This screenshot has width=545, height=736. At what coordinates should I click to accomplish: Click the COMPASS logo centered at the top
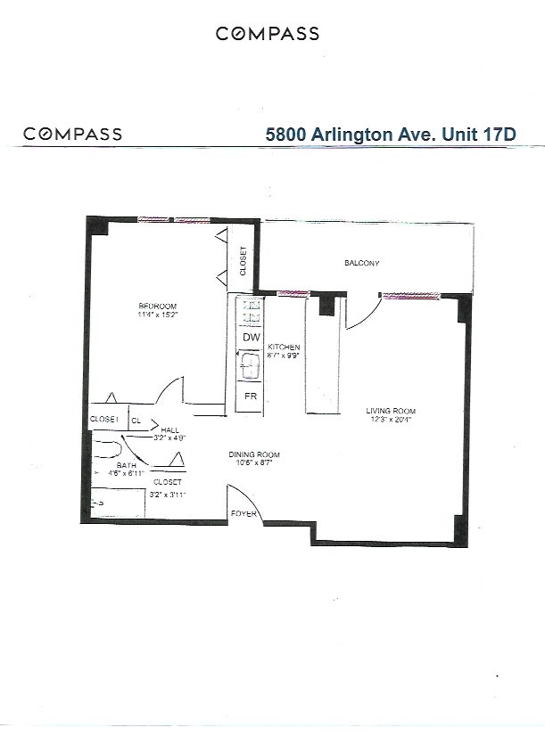click(268, 34)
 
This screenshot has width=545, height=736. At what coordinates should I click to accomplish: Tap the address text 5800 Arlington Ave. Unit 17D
click(392, 134)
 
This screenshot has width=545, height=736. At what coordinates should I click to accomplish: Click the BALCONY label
click(362, 264)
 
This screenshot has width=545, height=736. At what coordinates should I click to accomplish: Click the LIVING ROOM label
click(391, 411)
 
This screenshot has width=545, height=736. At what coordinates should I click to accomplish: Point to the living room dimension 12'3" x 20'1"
click(391, 421)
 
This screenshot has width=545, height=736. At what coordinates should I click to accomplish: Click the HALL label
click(170, 429)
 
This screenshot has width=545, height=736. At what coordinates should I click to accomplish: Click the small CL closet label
click(136, 420)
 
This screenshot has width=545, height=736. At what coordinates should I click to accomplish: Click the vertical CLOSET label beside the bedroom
click(243, 261)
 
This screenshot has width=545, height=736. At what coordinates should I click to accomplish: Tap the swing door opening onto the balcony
click(361, 312)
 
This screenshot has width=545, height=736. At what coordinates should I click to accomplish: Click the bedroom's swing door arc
click(169, 389)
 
